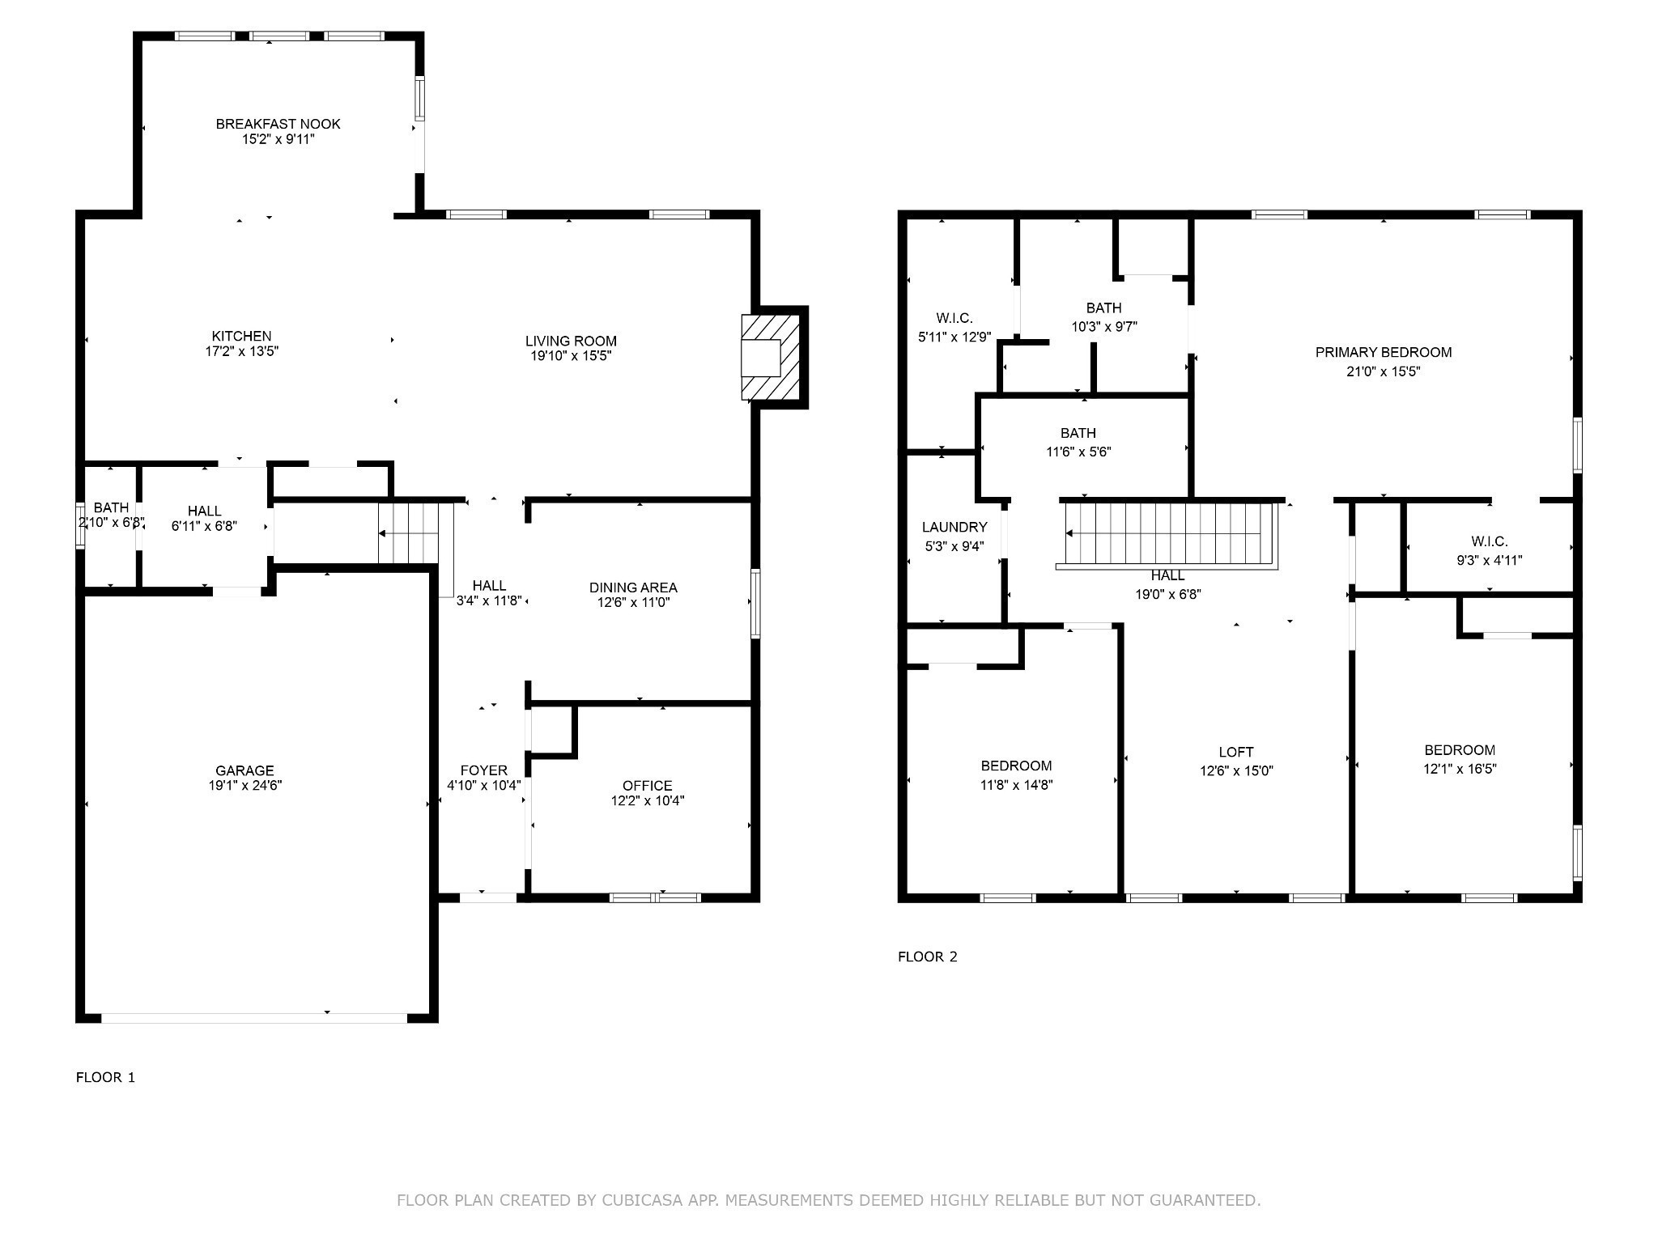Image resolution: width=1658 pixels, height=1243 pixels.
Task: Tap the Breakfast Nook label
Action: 278,124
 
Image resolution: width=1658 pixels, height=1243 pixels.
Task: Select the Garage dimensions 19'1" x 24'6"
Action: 244,785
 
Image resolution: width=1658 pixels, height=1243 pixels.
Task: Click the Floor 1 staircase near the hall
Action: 409,533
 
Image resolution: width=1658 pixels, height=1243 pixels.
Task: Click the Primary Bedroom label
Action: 1383,352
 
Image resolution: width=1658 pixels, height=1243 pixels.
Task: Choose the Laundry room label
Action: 954,527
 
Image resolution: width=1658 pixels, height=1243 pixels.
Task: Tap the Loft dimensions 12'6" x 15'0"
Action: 1236,771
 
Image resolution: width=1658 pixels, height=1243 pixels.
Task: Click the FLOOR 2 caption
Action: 927,957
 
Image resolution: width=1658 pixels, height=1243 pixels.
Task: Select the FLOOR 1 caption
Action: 105,1077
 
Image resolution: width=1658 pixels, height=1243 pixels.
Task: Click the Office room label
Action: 647,785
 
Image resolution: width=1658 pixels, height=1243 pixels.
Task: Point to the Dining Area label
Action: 633,588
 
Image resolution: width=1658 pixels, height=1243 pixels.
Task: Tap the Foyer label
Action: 484,770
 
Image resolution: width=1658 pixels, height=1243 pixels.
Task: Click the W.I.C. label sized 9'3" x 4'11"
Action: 1489,541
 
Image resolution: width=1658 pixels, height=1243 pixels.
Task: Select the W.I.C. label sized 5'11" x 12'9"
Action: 954,318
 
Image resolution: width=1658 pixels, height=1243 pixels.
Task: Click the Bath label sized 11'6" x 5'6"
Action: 1078,433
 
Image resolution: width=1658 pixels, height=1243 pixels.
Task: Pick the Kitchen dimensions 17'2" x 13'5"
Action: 241,351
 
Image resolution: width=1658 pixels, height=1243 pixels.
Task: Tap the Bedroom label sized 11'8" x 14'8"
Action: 1016,766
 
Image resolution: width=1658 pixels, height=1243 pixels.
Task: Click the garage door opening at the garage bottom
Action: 253,1017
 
